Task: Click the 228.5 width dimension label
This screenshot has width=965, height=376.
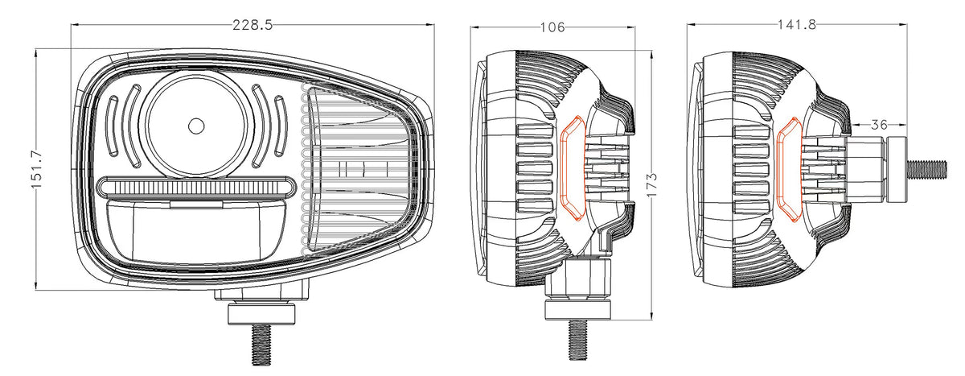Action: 253,25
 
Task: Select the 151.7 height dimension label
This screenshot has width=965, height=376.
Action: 36,169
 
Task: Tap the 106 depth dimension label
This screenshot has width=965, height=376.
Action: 552,27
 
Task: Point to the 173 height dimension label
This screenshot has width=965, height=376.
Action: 651,185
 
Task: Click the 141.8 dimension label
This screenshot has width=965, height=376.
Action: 797,25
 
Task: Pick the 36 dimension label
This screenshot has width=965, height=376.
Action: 879,125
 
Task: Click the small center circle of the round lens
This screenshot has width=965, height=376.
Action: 196,126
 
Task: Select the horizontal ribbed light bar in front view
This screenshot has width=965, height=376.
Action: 196,188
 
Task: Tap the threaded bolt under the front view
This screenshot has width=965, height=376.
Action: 261,345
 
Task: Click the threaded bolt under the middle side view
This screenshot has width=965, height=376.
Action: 577,341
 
